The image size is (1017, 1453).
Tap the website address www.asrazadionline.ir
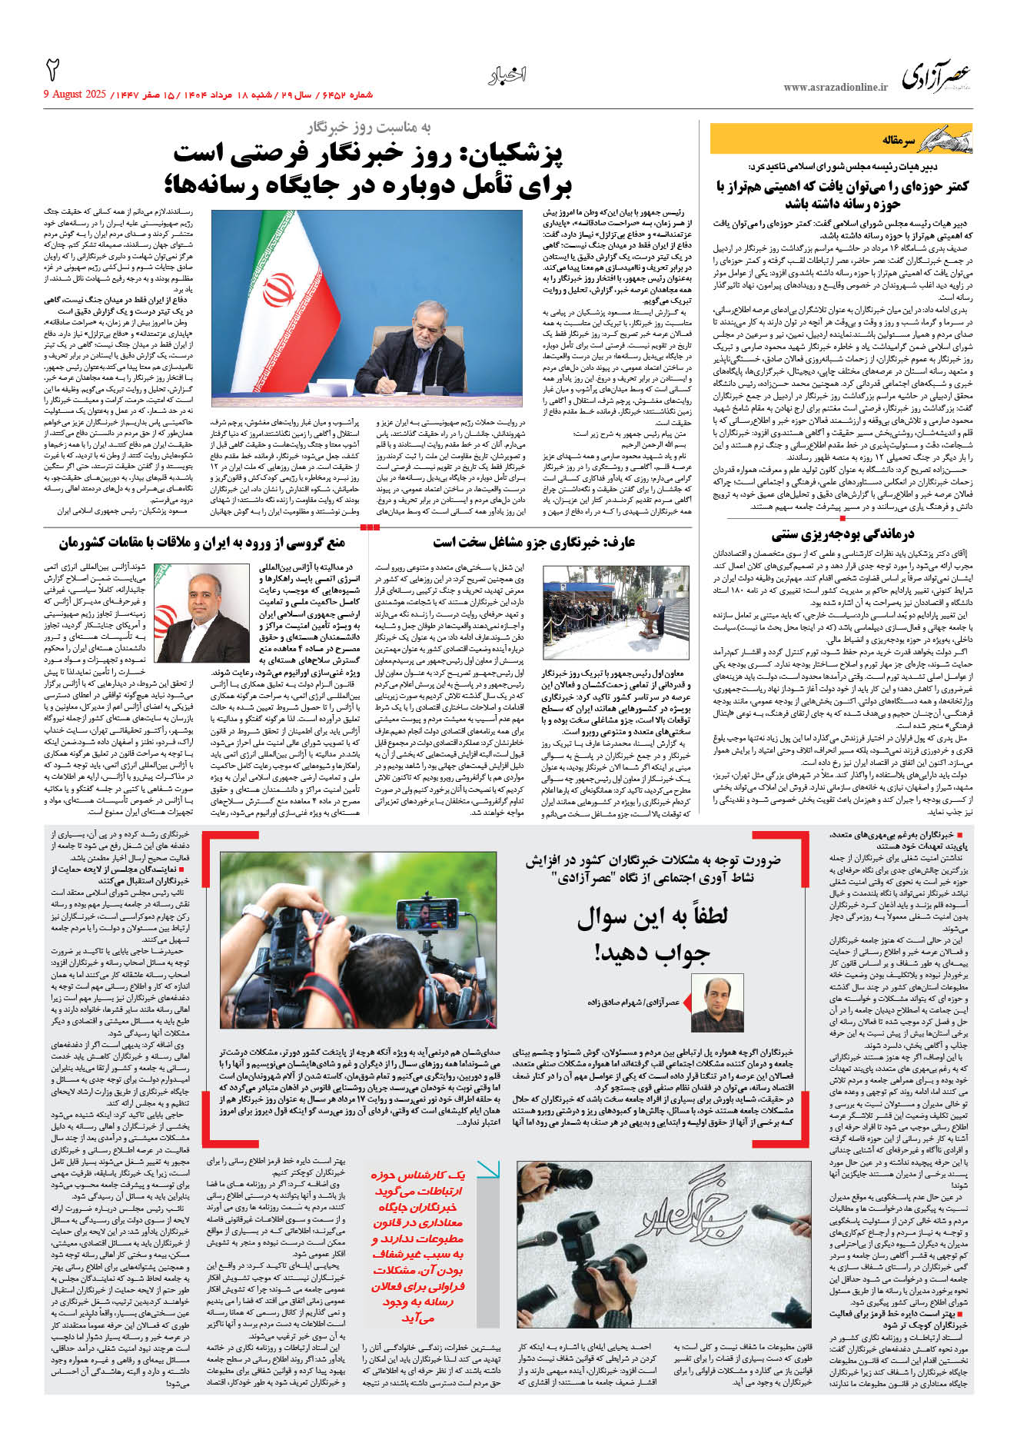point(835,88)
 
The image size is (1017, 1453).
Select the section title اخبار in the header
point(507,75)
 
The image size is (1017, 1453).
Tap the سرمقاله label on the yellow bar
point(899,141)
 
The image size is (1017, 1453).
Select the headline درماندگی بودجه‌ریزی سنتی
point(843,534)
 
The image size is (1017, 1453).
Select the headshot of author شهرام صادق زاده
point(718,1003)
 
